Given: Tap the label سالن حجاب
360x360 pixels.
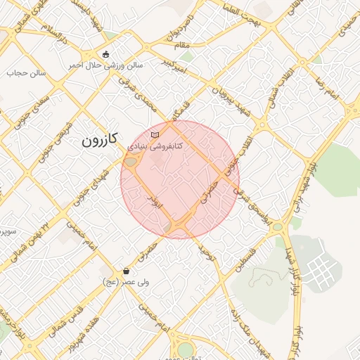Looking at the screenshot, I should click(x=26, y=72).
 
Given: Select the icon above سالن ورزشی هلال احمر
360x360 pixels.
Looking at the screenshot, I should click(x=105, y=54).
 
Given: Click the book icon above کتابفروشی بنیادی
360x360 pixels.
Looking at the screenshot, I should click(x=155, y=134).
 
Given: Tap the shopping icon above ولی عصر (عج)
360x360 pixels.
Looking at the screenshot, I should click(x=126, y=271).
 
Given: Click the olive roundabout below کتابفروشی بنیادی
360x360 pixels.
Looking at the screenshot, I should click(x=131, y=164).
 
